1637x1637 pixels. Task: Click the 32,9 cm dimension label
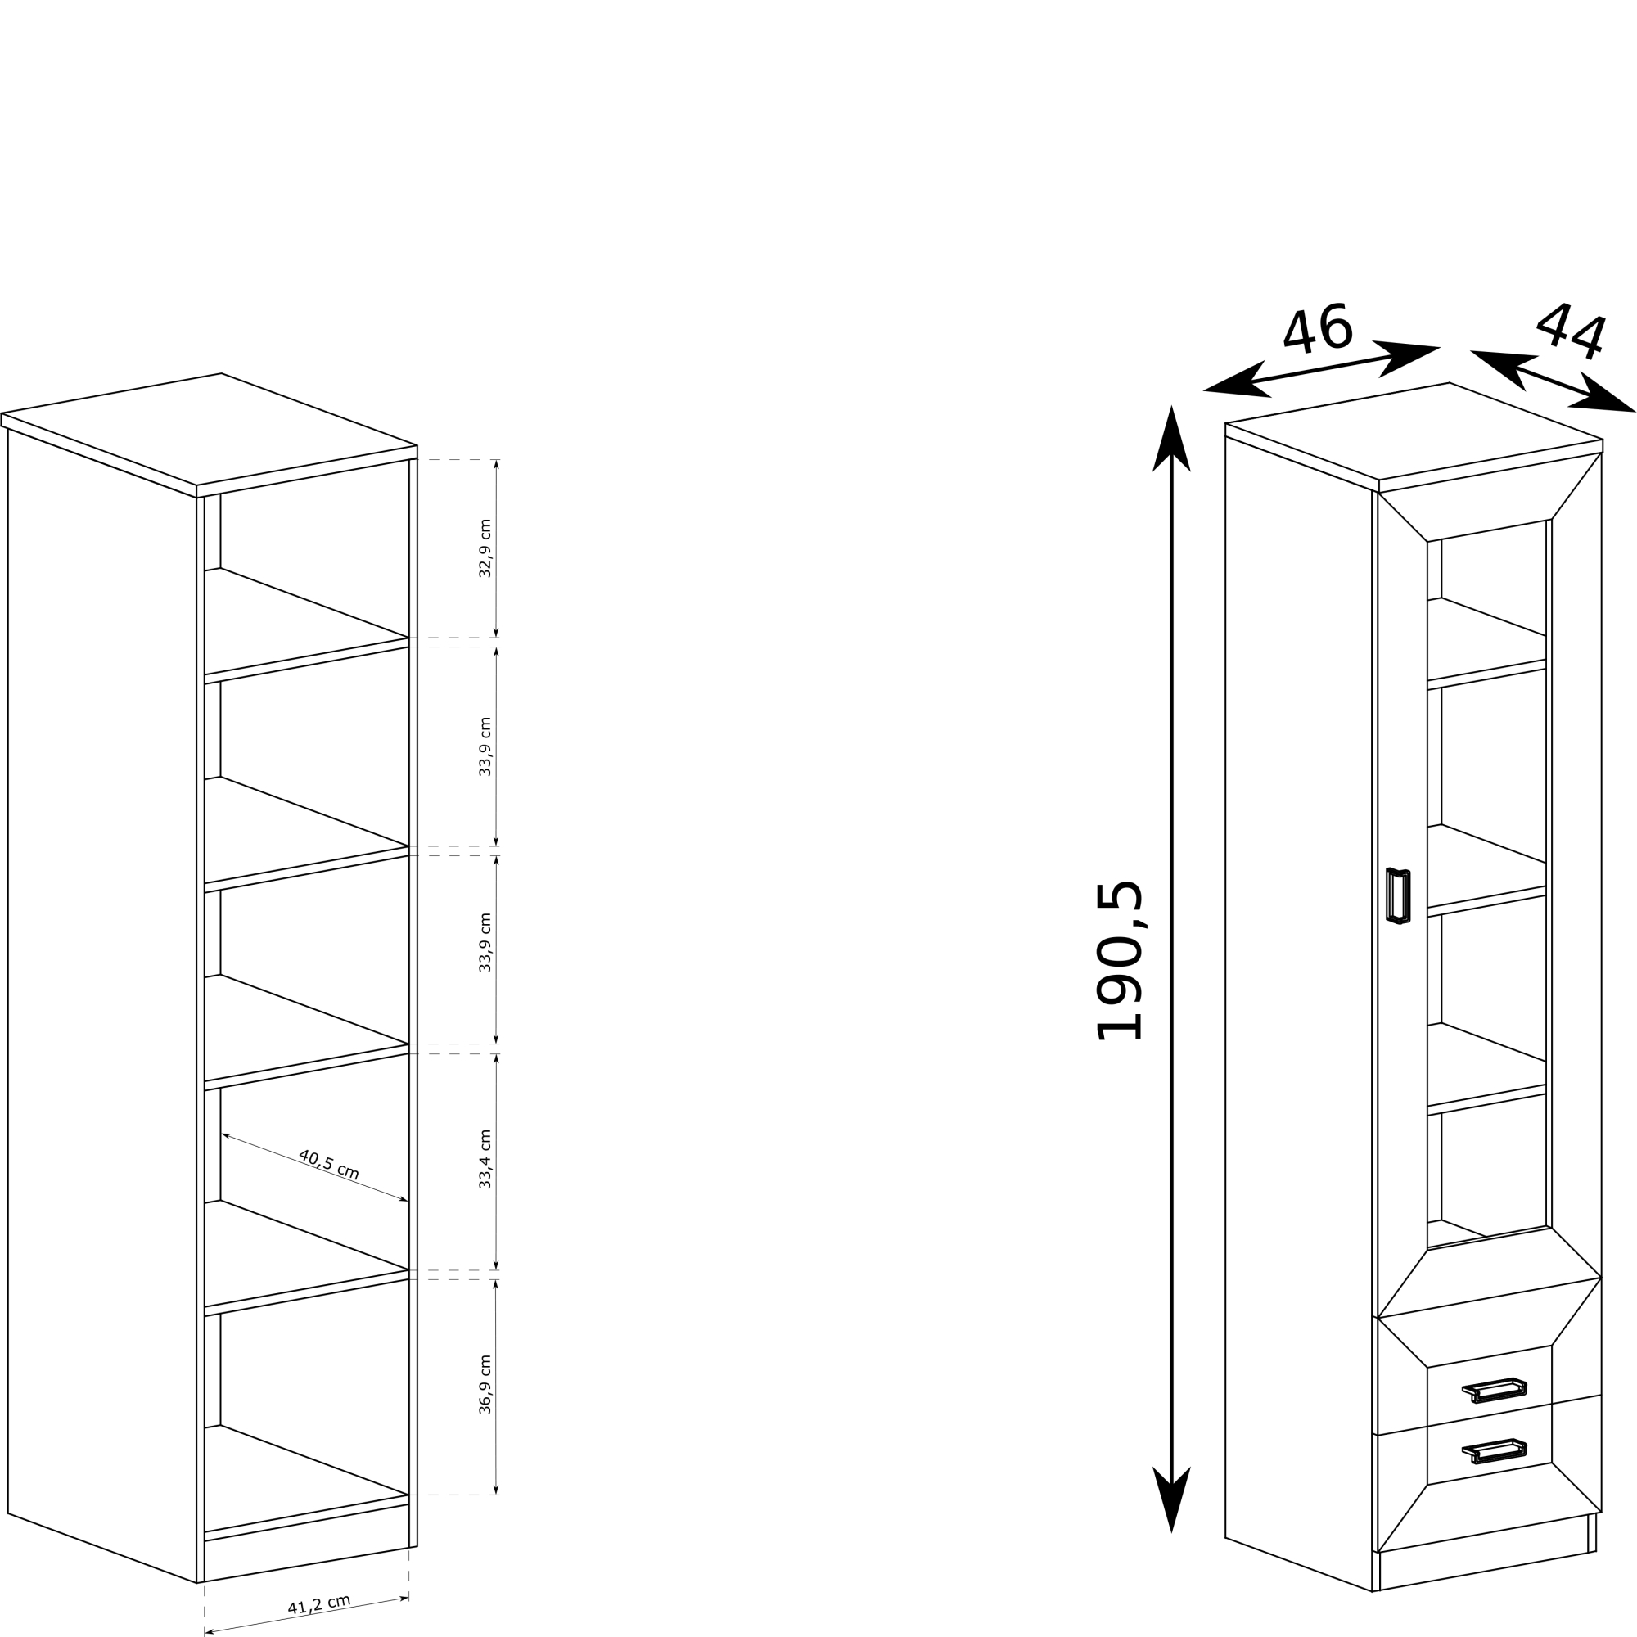click(485, 548)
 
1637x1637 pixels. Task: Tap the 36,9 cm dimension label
click(485, 1385)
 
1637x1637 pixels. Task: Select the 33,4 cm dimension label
click(485, 1159)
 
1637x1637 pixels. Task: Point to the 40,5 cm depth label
click(330, 1165)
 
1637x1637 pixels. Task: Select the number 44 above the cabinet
click(1572, 331)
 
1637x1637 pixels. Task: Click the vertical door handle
click(1398, 895)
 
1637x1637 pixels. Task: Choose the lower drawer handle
click(1495, 1452)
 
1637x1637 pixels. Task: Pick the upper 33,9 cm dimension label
click(485, 746)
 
